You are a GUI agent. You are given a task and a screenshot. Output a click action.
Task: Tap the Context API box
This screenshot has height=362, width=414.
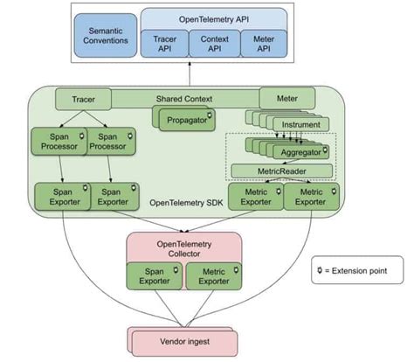[x=214, y=43]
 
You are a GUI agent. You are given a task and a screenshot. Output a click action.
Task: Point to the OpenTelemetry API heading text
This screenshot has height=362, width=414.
[x=214, y=17]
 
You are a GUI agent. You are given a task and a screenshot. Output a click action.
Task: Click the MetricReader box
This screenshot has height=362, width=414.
[x=280, y=171]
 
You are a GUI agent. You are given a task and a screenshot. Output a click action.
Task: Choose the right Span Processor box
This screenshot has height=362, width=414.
[x=110, y=143]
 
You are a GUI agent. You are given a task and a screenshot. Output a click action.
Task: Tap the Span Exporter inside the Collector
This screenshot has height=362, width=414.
[x=157, y=275]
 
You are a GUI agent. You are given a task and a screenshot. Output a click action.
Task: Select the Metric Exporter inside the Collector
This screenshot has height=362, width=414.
[x=212, y=275]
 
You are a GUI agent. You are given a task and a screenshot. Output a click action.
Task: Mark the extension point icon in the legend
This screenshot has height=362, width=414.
[x=321, y=270]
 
